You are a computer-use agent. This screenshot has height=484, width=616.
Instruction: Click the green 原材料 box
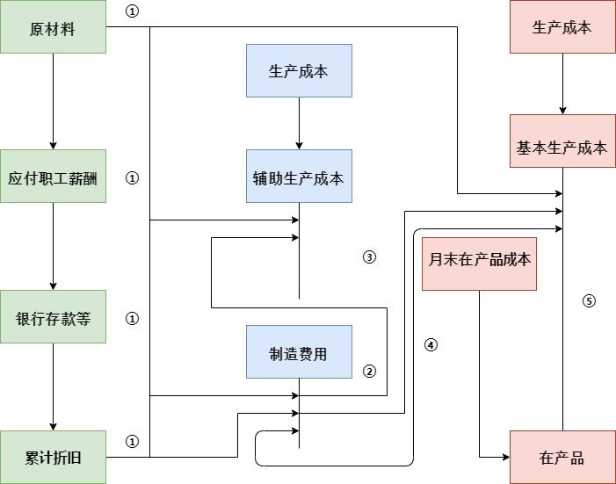53,27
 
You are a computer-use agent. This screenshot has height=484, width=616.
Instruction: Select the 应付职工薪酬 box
53,177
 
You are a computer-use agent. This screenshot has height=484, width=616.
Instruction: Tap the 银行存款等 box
53,317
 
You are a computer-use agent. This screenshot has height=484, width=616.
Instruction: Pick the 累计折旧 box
53,457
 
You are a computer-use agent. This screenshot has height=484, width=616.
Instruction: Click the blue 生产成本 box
299,70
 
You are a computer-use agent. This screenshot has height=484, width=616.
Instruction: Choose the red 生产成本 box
562,27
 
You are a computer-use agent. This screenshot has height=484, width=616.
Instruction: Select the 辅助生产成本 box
299,177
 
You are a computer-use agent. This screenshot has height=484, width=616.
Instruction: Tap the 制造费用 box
299,352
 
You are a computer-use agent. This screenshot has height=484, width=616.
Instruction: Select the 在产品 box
562,457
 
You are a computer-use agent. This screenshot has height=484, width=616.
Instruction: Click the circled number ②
369,372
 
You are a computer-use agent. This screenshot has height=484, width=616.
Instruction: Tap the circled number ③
369,257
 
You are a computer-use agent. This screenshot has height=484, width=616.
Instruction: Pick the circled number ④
431,345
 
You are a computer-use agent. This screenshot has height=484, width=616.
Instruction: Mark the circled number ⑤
590,300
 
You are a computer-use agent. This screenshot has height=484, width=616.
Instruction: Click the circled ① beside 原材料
133,11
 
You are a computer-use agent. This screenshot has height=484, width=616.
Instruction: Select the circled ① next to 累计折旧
133,442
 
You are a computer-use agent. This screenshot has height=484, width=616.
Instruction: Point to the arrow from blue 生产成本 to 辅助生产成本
299,123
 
